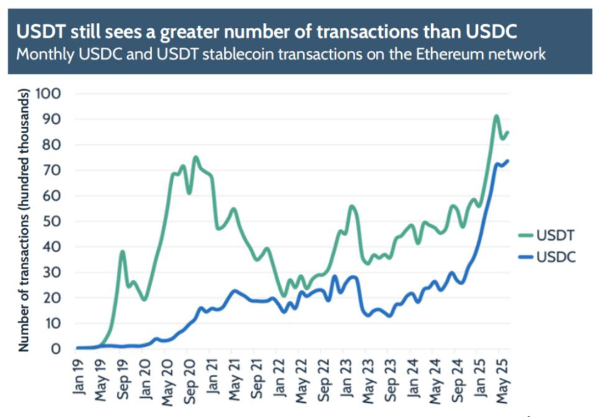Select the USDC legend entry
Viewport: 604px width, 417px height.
coord(547,256)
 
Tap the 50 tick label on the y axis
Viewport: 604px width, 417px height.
coord(56,221)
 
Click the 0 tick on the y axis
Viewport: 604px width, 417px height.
coord(60,349)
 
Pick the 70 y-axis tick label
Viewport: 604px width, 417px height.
coord(56,170)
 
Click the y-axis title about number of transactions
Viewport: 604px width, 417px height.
coord(24,221)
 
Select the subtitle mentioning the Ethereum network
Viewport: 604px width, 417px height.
coord(281,53)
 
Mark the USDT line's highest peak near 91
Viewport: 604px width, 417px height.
coord(496,116)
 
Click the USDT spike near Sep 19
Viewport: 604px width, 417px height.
coord(122,251)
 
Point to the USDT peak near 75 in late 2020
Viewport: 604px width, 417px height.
coord(196,157)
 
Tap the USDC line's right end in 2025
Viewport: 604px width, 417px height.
coord(508,161)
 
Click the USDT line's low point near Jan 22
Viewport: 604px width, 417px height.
coord(283,295)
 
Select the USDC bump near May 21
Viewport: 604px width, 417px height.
coord(234,290)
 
